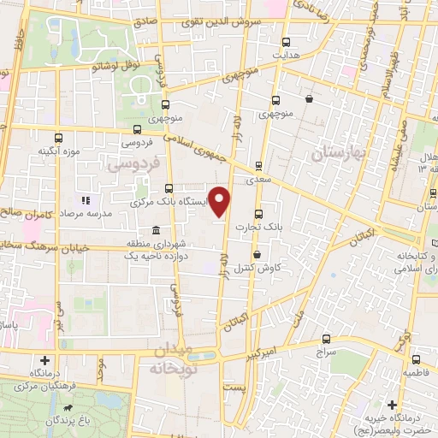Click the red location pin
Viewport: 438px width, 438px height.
point(221,202)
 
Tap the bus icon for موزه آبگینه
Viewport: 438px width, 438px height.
point(59,138)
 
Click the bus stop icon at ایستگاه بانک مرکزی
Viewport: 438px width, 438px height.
point(168,189)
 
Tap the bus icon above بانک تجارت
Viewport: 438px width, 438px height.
point(259,215)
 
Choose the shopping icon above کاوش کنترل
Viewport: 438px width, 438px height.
point(257,253)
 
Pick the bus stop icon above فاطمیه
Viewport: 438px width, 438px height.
point(417,359)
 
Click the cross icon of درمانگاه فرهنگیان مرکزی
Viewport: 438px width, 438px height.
point(44,360)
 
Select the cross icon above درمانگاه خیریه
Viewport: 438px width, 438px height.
point(393,404)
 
